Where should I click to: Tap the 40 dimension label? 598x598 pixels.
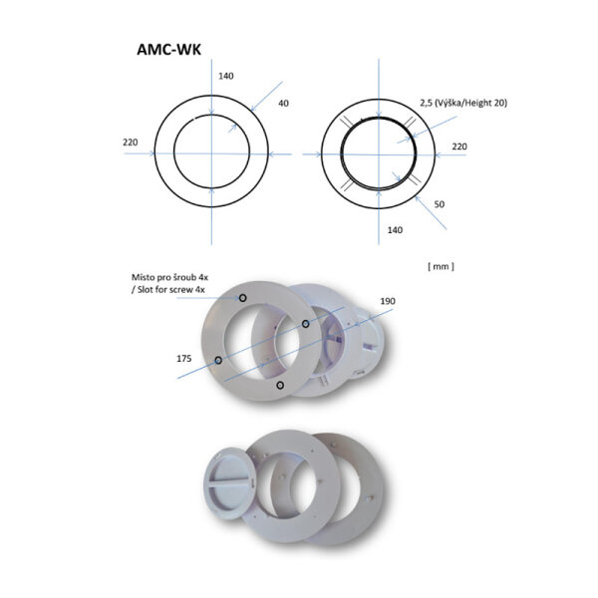tap(284, 104)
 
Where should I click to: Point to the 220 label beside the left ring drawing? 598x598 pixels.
tap(130, 143)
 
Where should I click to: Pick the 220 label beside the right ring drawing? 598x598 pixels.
tap(459, 146)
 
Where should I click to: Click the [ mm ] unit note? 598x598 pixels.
tap(440, 266)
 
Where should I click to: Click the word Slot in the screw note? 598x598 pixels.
tap(149, 288)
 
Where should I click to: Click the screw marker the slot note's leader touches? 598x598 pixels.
tap(241, 297)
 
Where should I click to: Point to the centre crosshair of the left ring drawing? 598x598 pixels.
tap(211, 153)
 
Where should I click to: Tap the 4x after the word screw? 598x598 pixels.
tap(198, 288)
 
